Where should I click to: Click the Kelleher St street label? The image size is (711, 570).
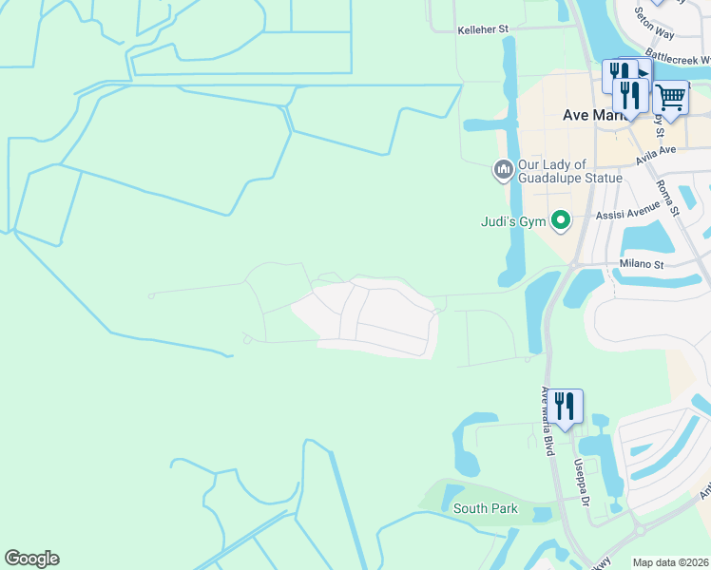coord(484,30)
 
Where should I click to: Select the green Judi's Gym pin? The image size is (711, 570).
coord(561,221)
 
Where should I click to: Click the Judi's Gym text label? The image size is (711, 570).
coord(512,221)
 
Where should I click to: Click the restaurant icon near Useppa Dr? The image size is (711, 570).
coord(565,406)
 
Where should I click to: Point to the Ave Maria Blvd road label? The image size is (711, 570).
coord(548,422)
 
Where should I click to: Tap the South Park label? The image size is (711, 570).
coord(485,508)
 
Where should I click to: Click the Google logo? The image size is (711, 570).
coord(31,559)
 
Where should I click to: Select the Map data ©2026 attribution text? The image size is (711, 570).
coord(670,562)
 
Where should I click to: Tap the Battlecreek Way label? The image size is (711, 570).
coord(677,57)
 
